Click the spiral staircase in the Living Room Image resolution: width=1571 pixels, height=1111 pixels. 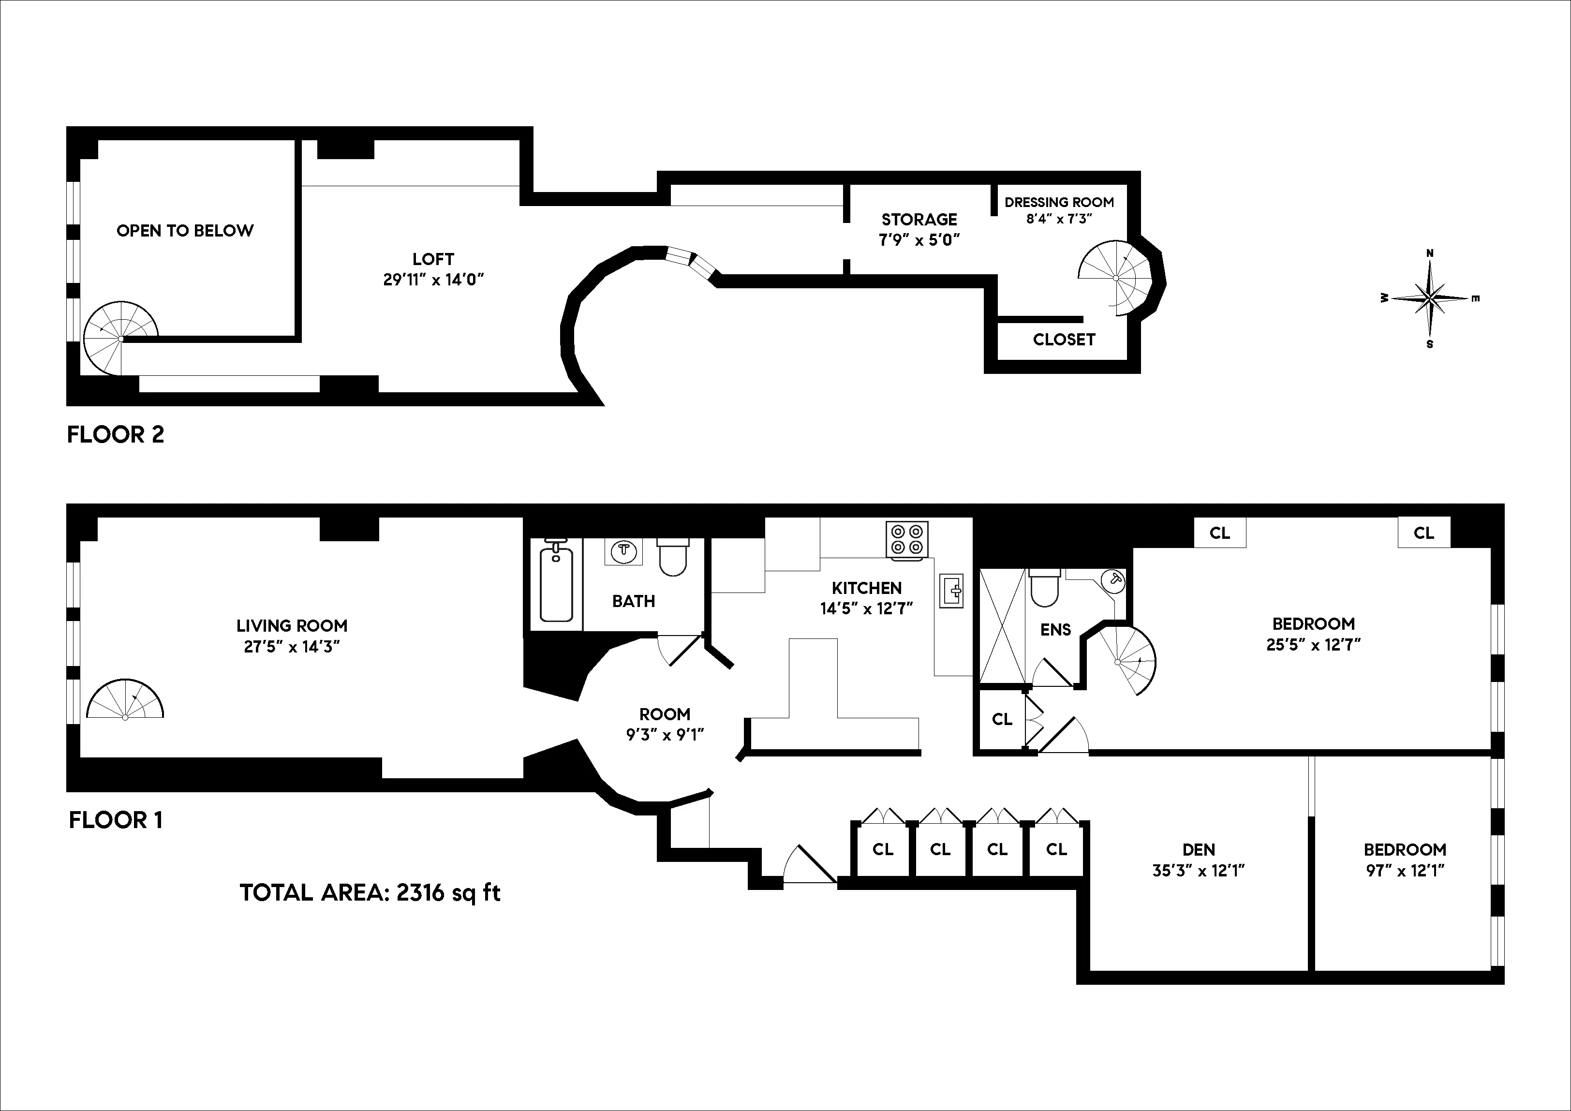[125, 699]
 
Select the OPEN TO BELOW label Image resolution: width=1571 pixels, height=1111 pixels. [185, 231]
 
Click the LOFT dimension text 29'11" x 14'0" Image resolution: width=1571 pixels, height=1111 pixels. [433, 279]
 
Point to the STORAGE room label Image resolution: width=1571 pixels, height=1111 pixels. [919, 220]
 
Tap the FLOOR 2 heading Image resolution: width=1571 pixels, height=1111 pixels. [116, 434]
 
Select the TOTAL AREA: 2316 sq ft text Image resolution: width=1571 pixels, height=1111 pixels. [370, 893]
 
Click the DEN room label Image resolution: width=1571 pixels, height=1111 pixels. [1198, 850]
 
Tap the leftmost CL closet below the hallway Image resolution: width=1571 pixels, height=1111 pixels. [883, 849]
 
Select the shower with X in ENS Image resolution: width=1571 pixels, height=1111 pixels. [1002, 626]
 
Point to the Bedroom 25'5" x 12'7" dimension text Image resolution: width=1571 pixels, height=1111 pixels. [1313, 644]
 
